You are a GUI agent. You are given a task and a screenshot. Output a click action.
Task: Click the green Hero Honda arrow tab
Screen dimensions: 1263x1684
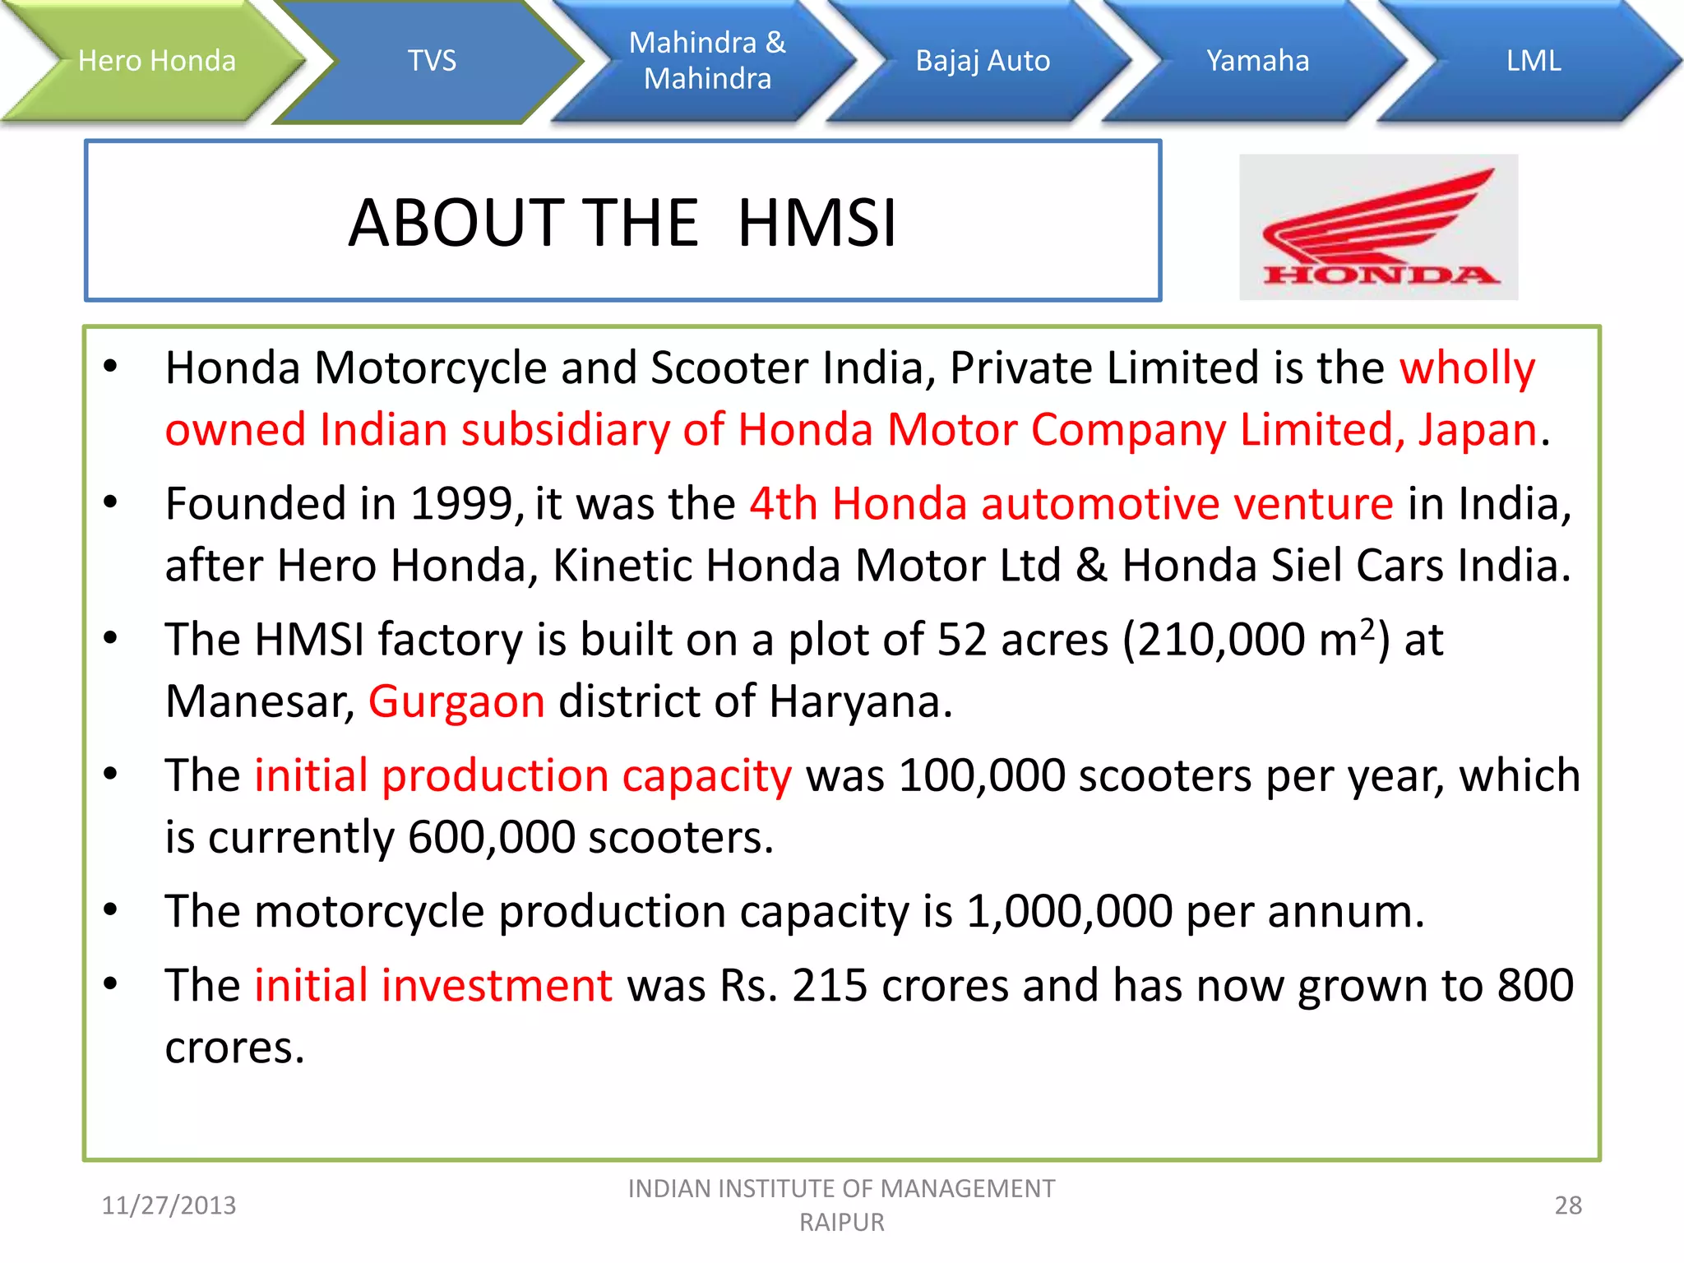pyautogui.click(x=156, y=61)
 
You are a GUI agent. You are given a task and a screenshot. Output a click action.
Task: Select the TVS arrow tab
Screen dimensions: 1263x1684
pyautogui.click(x=432, y=61)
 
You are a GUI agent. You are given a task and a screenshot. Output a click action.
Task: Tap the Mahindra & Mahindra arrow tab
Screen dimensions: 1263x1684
pyautogui.click(x=707, y=61)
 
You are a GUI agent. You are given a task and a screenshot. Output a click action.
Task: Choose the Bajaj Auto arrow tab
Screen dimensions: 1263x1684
pyautogui.click(x=983, y=61)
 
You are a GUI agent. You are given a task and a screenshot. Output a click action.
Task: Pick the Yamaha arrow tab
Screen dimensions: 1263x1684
pyautogui.click(x=1257, y=61)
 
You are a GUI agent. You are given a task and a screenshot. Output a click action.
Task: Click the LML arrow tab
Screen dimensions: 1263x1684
pyautogui.click(x=1534, y=61)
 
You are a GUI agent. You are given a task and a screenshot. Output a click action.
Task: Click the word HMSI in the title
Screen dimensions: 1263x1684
pyautogui.click(x=817, y=223)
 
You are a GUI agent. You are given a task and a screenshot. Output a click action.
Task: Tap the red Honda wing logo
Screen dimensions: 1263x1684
pyautogui.click(x=1379, y=227)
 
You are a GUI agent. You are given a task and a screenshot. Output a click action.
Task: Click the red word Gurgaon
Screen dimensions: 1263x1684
pyautogui.click(x=456, y=701)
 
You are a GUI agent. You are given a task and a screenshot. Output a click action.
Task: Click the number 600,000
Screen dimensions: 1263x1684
pyautogui.click(x=491, y=837)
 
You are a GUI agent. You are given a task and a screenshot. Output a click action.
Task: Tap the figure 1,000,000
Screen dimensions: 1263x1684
pyautogui.click(x=1069, y=911)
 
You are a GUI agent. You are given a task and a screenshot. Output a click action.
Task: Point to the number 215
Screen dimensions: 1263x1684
pyautogui.click(x=829, y=985)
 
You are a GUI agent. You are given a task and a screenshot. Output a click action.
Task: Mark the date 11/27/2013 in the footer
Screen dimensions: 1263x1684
pyautogui.click(x=169, y=1205)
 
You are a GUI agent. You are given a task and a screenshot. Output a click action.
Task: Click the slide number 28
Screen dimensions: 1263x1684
pyautogui.click(x=1568, y=1205)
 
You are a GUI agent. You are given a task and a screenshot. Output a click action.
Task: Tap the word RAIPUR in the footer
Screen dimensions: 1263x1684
pyautogui.click(x=842, y=1223)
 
